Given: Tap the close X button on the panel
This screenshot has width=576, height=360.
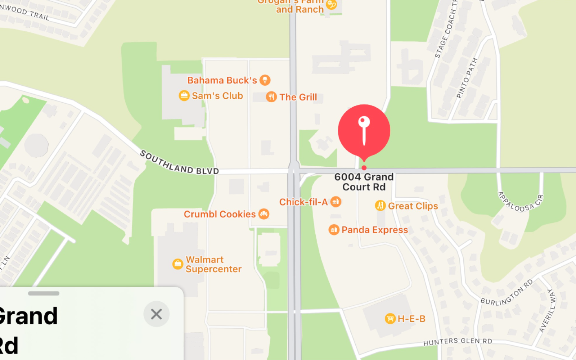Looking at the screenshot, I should pos(156,314).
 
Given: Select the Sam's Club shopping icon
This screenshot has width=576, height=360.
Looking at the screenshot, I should pos(184,95).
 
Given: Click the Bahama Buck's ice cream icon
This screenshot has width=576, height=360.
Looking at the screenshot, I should pos(265,80).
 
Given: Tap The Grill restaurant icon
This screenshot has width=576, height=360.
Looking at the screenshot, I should pos(271,96).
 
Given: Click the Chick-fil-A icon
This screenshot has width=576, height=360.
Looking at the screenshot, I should pos(336,202).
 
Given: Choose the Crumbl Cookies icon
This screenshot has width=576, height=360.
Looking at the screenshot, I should pos(264,214).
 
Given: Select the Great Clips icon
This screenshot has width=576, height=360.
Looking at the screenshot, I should pos(380,206).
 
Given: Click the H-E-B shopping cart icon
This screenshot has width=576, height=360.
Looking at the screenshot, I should pos(390,318).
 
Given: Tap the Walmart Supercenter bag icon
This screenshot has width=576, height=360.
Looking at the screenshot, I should pos(177,264).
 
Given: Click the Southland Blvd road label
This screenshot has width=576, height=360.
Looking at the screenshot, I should pos(179,163).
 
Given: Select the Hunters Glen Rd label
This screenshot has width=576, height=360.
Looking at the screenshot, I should pos(458,341).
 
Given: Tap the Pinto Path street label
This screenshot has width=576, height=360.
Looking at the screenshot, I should pos(467,78).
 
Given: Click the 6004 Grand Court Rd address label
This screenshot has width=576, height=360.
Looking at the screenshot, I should pos(364,182).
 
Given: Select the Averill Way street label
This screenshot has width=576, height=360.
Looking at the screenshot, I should pos(548,310).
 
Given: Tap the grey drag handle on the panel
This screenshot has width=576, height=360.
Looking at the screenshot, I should pos(44,293).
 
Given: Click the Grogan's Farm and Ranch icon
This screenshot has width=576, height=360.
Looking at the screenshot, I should pos(331,5).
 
